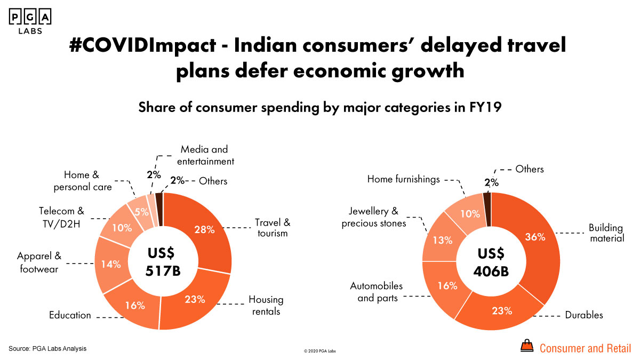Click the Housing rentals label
266,305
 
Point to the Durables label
584,315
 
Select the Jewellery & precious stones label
374,218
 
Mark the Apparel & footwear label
38,263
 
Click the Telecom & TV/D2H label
61,216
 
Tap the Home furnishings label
403,179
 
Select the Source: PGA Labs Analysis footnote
47,348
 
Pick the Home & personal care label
88,181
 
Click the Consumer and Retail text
585,349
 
